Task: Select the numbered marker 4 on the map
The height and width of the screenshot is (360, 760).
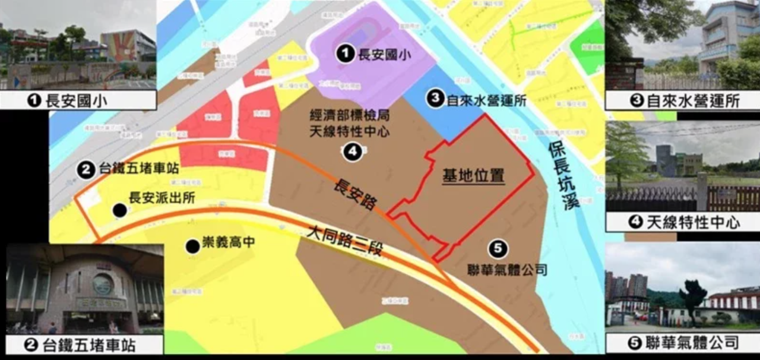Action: coord(352,152)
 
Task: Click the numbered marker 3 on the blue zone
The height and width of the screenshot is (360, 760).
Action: coord(436,99)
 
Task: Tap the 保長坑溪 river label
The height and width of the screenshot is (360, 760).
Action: coord(562,178)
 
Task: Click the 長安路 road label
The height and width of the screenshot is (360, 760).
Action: coord(354,190)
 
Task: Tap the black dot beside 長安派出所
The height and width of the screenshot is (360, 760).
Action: coord(120,210)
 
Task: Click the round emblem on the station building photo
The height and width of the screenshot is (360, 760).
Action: coord(103,284)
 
